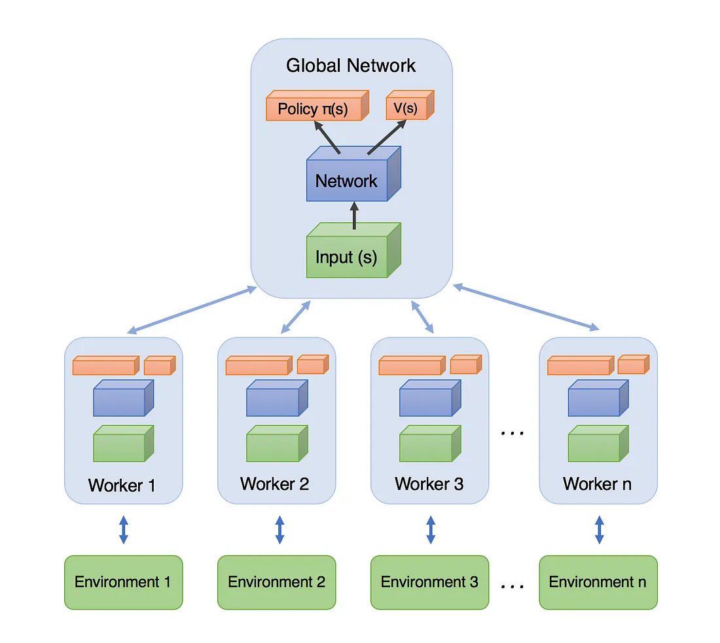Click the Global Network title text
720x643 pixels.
(x=351, y=66)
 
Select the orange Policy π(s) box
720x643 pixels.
(x=314, y=109)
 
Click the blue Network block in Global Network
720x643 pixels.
(x=347, y=180)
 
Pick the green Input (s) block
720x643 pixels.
(x=347, y=256)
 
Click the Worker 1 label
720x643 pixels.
(x=122, y=485)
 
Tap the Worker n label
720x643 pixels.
(x=598, y=484)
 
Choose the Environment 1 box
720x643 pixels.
(x=123, y=582)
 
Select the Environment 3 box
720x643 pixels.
(x=429, y=582)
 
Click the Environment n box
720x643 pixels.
(x=598, y=582)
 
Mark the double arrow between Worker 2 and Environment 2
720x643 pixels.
(x=279, y=530)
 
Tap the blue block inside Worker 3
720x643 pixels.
(x=426, y=402)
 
